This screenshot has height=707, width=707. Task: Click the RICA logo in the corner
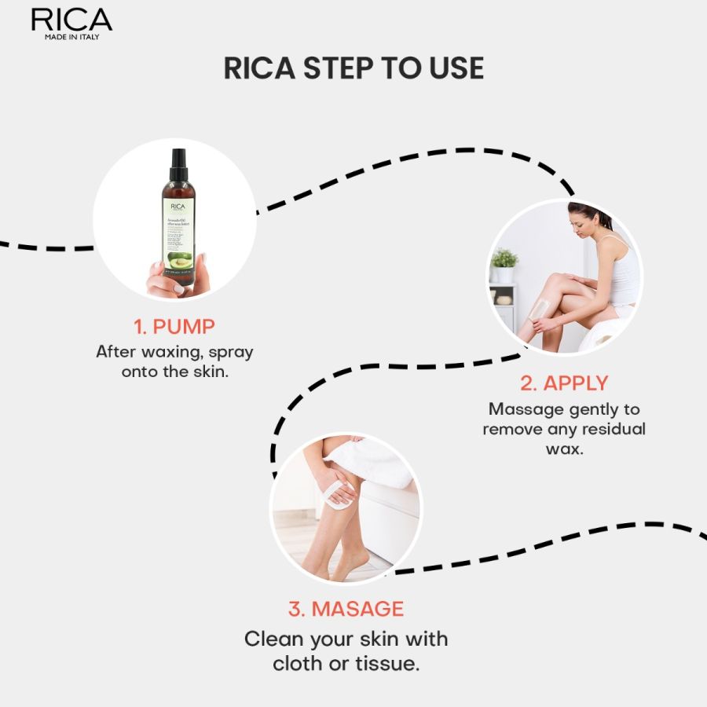pyautogui.click(x=71, y=20)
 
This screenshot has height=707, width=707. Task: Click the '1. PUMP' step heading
pyautogui.click(x=174, y=326)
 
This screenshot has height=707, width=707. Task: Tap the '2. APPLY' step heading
pyautogui.click(x=564, y=383)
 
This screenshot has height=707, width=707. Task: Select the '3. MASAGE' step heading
pyautogui.click(x=346, y=609)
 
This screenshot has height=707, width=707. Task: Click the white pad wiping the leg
pyautogui.click(x=338, y=493)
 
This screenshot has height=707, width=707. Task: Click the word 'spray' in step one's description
pyautogui.click(x=231, y=351)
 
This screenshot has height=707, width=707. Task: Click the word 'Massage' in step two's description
pyautogui.click(x=526, y=409)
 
